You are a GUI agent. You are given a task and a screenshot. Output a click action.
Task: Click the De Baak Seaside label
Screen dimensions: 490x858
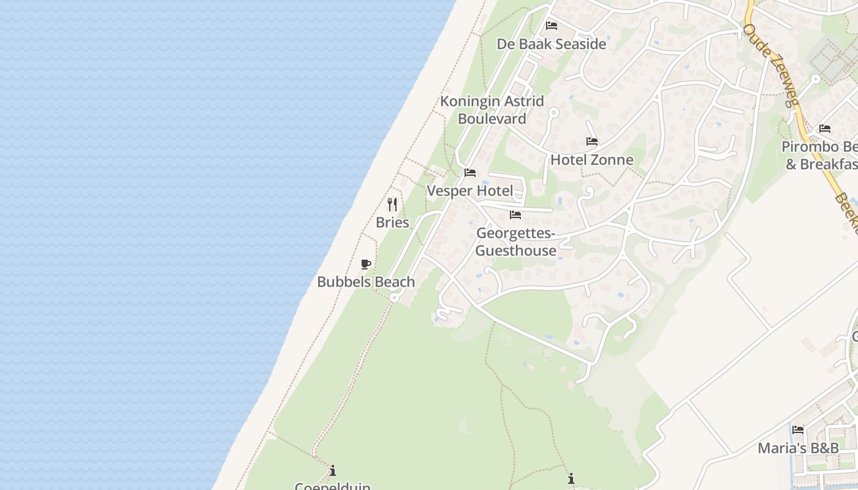[x=551, y=44]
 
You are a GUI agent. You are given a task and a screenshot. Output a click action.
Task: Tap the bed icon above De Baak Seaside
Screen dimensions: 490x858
[x=552, y=26]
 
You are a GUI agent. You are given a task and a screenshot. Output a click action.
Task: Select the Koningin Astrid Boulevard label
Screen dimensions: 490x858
[x=492, y=110]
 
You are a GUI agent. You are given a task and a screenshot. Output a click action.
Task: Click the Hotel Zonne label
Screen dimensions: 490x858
[x=591, y=160]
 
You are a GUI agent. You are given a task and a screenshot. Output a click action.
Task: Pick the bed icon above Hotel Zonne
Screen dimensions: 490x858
[x=591, y=141]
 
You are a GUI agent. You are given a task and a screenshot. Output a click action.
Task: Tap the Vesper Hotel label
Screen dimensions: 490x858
[x=470, y=191]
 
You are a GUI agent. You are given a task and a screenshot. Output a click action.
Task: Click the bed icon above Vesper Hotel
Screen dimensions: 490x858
[x=470, y=173]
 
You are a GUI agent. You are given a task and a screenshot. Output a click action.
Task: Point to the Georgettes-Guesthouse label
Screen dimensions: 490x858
[x=516, y=242]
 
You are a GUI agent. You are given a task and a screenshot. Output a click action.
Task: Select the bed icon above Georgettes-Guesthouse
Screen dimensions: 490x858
[x=515, y=215]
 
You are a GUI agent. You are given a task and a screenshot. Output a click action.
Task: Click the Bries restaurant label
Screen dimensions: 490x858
[x=392, y=222]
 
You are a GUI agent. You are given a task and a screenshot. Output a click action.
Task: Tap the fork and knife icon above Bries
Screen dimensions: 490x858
[x=392, y=204]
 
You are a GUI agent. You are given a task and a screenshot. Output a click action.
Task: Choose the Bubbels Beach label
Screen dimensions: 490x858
[x=366, y=282]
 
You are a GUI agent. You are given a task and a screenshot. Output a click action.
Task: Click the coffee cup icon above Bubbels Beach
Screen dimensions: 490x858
[x=366, y=264]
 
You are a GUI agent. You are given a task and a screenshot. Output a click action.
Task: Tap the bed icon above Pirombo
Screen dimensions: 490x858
[x=825, y=129]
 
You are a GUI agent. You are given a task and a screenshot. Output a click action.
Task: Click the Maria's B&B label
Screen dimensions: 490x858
[x=798, y=448]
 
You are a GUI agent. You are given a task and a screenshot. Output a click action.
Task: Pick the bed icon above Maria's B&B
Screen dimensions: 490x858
[x=798, y=430]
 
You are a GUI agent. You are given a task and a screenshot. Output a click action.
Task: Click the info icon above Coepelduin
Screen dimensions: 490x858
[x=333, y=470]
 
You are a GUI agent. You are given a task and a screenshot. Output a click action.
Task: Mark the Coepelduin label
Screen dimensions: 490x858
[x=333, y=486]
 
